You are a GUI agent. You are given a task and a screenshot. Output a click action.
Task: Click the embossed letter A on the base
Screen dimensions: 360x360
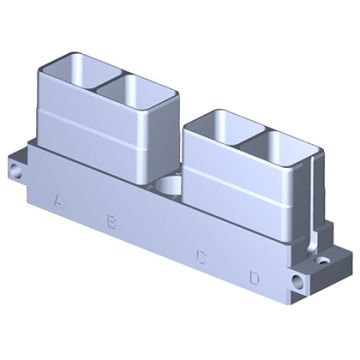(x=59, y=201)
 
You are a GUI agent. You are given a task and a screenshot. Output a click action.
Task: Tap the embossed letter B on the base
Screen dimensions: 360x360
(x=111, y=222)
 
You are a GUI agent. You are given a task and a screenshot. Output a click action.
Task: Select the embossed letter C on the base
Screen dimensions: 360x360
(x=201, y=256)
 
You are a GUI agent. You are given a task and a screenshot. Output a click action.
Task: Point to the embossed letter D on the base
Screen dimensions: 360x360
(x=254, y=277)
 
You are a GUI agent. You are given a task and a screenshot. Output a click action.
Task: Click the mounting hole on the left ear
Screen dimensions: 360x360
(x=15, y=171)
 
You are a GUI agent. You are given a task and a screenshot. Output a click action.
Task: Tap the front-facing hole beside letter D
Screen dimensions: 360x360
(x=298, y=282)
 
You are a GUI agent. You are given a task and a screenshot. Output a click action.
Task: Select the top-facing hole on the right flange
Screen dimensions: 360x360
(x=322, y=260)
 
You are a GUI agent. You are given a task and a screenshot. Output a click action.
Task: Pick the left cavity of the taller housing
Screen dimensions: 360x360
(x=82, y=72)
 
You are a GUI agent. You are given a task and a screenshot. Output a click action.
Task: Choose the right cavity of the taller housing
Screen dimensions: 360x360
(x=136, y=91)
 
